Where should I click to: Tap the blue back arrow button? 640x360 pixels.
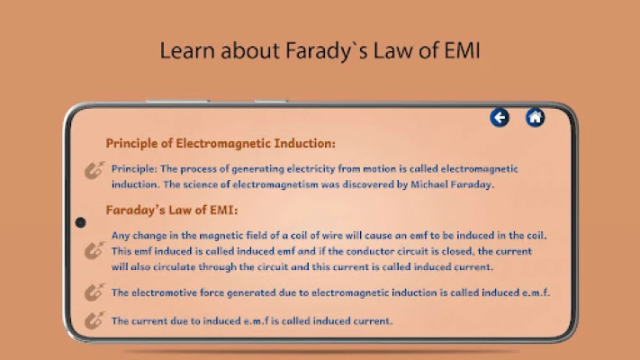(x=500, y=118)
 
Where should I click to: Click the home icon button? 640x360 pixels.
(x=535, y=118)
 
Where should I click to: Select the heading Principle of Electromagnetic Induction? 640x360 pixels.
(x=221, y=144)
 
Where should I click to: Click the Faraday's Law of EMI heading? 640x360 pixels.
(x=172, y=211)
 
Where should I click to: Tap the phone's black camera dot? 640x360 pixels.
(x=80, y=222)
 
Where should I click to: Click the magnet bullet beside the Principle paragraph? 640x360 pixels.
(x=95, y=170)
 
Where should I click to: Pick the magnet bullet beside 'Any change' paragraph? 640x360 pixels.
(x=95, y=250)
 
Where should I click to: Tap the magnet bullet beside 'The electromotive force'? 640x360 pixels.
(x=95, y=292)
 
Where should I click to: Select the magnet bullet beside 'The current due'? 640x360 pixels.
(x=95, y=320)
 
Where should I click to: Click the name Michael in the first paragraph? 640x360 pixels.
(x=428, y=184)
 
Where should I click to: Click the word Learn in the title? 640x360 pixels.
(x=187, y=50)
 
